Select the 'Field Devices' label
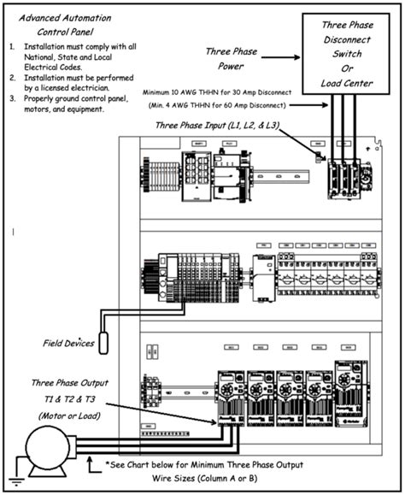click(69, 344)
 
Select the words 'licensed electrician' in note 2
click(82, 87)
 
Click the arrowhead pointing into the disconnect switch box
click(296, 59)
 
